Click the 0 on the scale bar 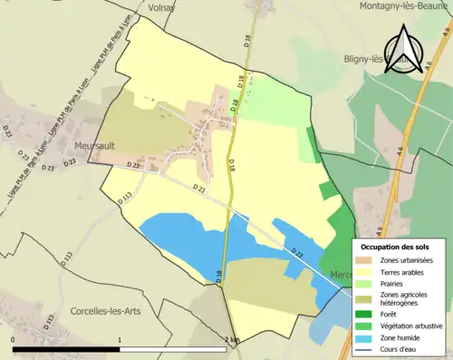pyautogui.click(x=13, y=340)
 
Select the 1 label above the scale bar pyautogui.click(x=120, y=340)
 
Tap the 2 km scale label pyautogui.click(x=232, y=340)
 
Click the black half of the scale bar pyautogui.click(x=67, y=349)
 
